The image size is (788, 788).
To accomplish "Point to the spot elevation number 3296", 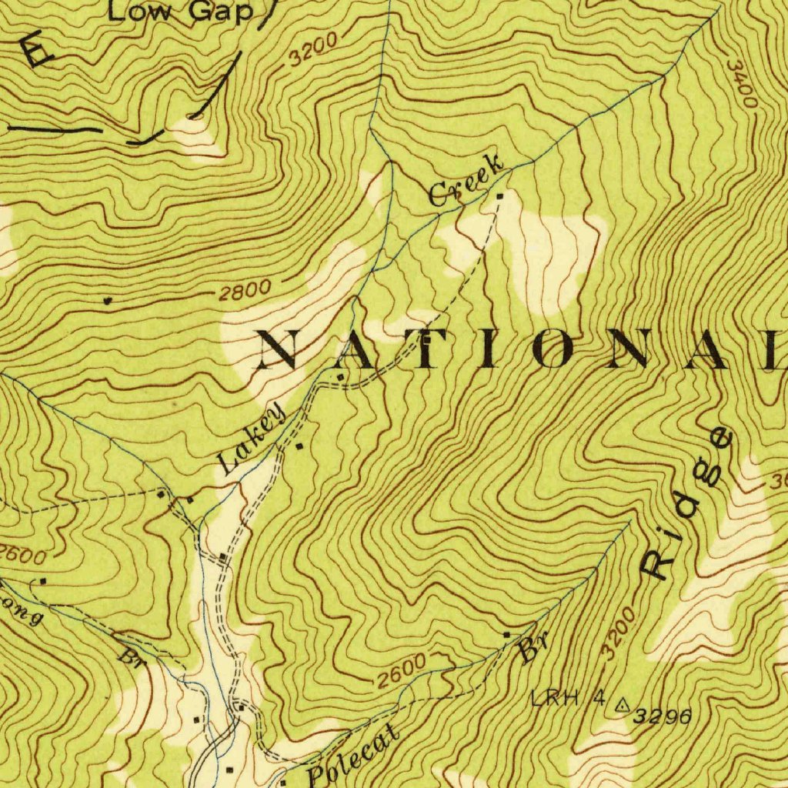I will (x=662, y=716).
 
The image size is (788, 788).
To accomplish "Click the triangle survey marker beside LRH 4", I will (x=622, y=703).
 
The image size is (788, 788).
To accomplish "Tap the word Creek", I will (x=467, y=180).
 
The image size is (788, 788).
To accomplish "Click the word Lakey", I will (x=251, y=441).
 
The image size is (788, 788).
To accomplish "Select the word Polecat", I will (x=354, y=756).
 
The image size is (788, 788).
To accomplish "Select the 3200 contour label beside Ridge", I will (x=619, y=633).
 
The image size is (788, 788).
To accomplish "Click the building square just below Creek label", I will (x=500, y=197).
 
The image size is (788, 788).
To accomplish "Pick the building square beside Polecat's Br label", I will (x=506, y=634).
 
